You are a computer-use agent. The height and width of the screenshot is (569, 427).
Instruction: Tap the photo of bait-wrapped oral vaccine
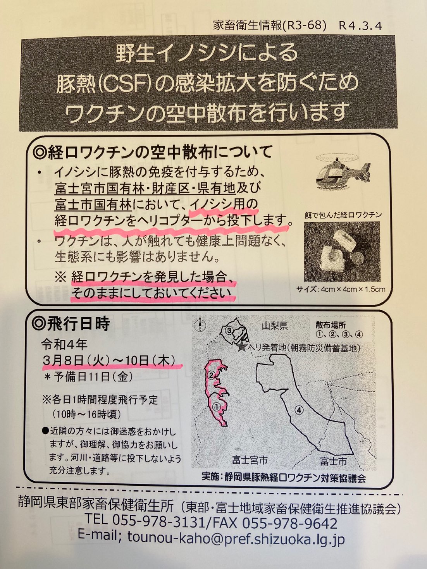click(342, 251)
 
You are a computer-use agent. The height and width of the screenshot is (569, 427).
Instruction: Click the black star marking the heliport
click(242, 347)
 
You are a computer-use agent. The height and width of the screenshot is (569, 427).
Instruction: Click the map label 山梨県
click(275, 325)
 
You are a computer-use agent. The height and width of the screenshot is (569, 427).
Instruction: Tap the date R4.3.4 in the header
click(361, 26)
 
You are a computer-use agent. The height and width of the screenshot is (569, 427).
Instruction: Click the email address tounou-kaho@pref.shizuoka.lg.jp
click(236, 540)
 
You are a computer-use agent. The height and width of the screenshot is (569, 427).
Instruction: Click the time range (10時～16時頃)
click(87, 414)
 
